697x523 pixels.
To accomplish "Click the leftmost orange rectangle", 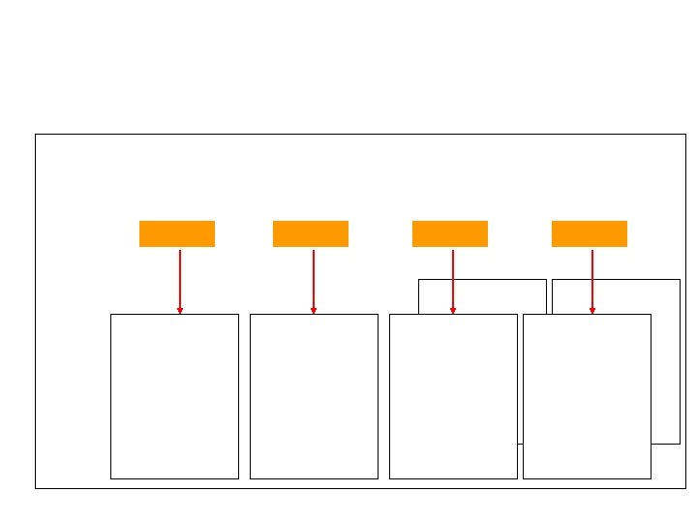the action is [176, 233].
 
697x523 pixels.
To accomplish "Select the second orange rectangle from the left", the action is [310, 233].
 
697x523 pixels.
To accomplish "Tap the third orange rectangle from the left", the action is [449, 233].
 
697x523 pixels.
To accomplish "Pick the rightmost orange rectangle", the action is [589, 233].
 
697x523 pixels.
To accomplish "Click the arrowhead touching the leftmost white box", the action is [180, 311].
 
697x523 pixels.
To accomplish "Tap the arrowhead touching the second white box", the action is [314, 311].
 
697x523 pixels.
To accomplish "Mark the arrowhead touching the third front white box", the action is [453, 311].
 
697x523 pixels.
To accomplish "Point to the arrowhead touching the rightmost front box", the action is [592, 311].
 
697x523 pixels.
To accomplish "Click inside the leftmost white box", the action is [174, 396].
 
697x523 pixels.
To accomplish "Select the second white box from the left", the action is [314, 396].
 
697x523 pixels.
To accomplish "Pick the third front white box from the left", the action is [453, 396].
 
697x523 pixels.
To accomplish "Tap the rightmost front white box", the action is [587, 396].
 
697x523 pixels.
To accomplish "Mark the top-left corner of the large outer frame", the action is [35, 135].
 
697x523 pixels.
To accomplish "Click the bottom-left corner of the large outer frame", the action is [35, 488].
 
